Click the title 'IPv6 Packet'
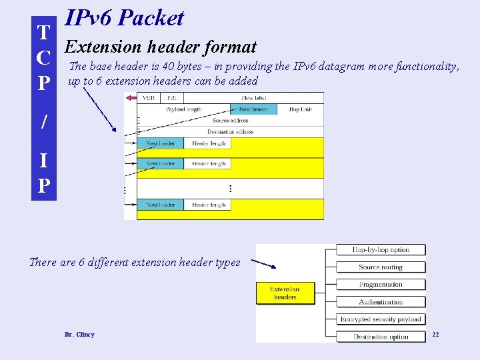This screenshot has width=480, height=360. click(124, 19)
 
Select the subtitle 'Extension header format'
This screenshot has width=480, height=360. click(161, 47)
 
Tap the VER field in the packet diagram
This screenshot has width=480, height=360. click(149, 98)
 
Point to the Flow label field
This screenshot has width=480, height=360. click(253, 98)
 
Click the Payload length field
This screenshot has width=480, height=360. click(184, 109)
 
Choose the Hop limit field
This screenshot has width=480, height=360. click(300, 109)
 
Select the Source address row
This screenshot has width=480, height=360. click(230, 121)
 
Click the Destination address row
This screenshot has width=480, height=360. click(230, 132)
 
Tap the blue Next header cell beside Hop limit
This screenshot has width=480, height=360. click(254, 109)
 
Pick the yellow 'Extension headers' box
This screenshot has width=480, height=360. click(285, 293)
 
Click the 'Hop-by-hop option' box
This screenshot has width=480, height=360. click(381, 250)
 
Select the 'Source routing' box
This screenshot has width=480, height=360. click(381, 267)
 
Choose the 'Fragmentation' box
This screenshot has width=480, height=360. click(381, 285)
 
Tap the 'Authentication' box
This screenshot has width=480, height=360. click(381, 302)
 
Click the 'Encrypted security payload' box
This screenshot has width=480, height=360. click(381, 319)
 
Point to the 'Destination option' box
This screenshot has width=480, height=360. click(381, 337)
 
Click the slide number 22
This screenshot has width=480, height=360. click(436, 334)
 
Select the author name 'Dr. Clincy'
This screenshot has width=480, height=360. click(79, 335)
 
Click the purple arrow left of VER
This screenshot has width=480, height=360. click(131, 98)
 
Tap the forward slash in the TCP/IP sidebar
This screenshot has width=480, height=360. click(44, 122)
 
